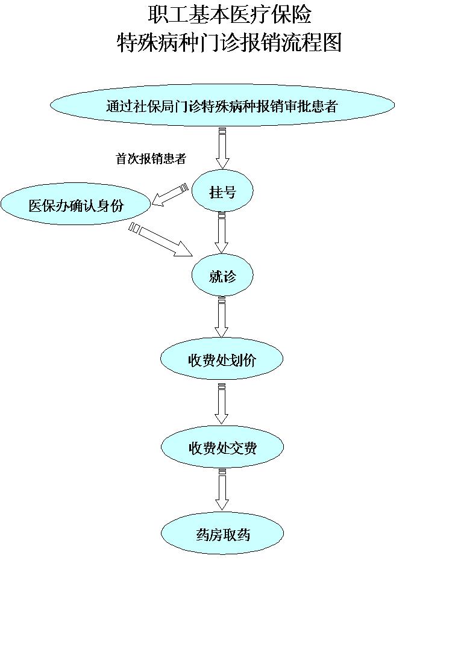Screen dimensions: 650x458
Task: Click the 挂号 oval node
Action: click(222, 192)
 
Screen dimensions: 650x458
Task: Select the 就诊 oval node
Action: click(222, 276)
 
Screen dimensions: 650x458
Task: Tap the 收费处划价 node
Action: click(222, 360)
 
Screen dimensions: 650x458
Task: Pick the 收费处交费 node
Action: click(222, 448)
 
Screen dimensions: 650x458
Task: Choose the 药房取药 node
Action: click(222, 534)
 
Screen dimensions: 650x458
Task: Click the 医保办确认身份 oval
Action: click(75, 205)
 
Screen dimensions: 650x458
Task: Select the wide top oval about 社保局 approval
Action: click(222, 106)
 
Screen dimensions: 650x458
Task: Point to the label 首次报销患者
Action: click(150, 159)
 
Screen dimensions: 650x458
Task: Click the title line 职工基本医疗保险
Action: click(229, 14)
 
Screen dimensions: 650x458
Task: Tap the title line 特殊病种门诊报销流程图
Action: click(229, 43)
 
